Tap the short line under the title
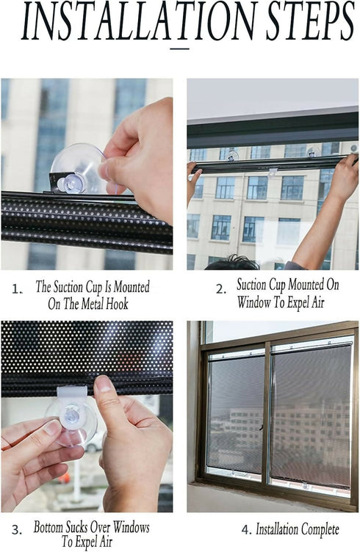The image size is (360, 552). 179,48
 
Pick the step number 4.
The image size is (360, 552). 245,529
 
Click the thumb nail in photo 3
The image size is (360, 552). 104,384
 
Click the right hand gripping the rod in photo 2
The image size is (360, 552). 343,181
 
